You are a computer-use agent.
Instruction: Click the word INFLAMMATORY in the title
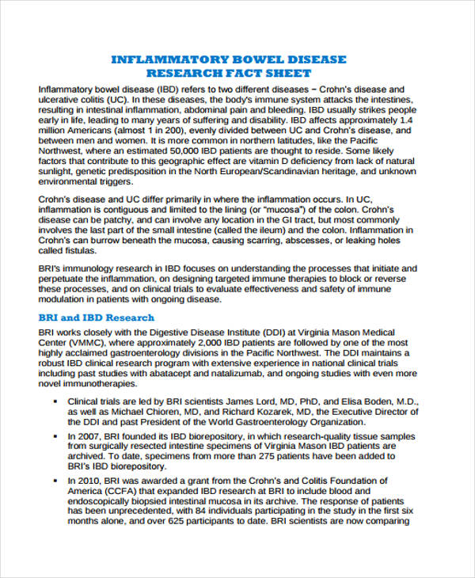155,60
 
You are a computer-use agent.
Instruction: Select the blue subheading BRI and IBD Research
96,318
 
